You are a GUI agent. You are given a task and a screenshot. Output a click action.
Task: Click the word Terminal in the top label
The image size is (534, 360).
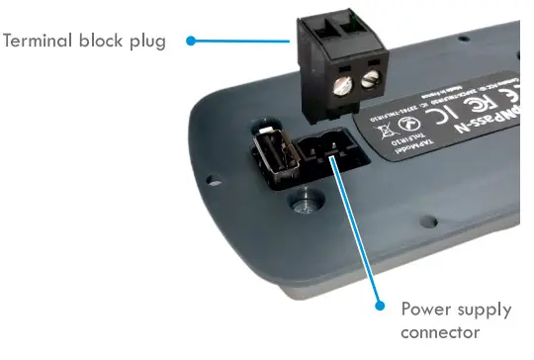[x=41, y=41]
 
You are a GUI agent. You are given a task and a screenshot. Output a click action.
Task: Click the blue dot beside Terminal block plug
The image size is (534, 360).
[x=189, y=41]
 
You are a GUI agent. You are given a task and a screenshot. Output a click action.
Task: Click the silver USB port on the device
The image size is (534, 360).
[x=275, y=161]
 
